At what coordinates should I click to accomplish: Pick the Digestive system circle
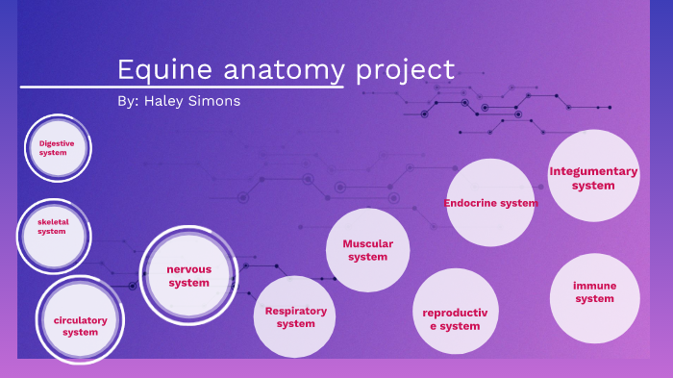(x=57, y=148)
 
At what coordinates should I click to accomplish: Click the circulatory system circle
(x=81, y=323)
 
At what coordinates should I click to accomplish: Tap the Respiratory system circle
(x=295, y=316)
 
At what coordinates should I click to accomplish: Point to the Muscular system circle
(x=367, y=249)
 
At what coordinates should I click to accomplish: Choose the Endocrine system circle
(x=490, y=203)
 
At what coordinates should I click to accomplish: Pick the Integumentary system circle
(x=593, y=177)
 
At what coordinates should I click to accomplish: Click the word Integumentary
(x=593, y=171)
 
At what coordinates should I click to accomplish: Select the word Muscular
(x=367, y=243)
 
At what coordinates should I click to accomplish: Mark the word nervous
(x=188, y=269)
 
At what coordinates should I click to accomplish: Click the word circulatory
(x=81, y=319)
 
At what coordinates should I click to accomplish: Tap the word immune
(x=594, y=286)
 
